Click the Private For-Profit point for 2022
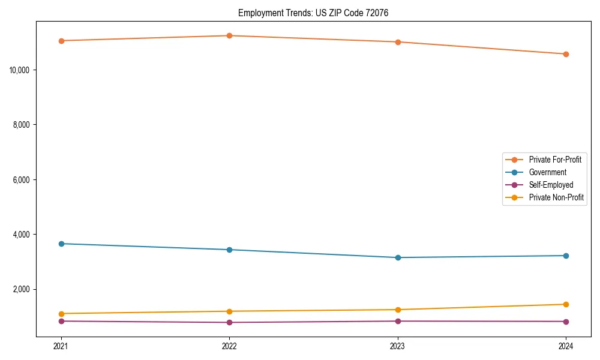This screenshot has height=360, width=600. point(229,35)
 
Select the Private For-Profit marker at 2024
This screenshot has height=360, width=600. point(566,54)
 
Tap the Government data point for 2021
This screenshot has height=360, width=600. point(61,244)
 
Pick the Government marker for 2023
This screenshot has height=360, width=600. point(397,257)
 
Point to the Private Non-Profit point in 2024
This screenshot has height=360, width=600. point(566,304)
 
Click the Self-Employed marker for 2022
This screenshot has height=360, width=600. point(229,322)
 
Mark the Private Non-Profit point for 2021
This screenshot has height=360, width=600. point(61,314)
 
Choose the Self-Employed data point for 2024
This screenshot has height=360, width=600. point(566,322)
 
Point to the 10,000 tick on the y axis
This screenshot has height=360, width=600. point(20,70)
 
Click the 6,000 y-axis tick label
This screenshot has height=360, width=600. point(22,180)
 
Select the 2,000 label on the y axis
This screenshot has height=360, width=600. point(22,290)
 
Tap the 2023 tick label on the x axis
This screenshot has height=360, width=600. point(397,346)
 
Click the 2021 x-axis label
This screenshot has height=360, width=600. point(61,346)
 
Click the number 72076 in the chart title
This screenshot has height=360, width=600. point(376,13)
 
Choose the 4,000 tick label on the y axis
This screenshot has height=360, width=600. point(22,235)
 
